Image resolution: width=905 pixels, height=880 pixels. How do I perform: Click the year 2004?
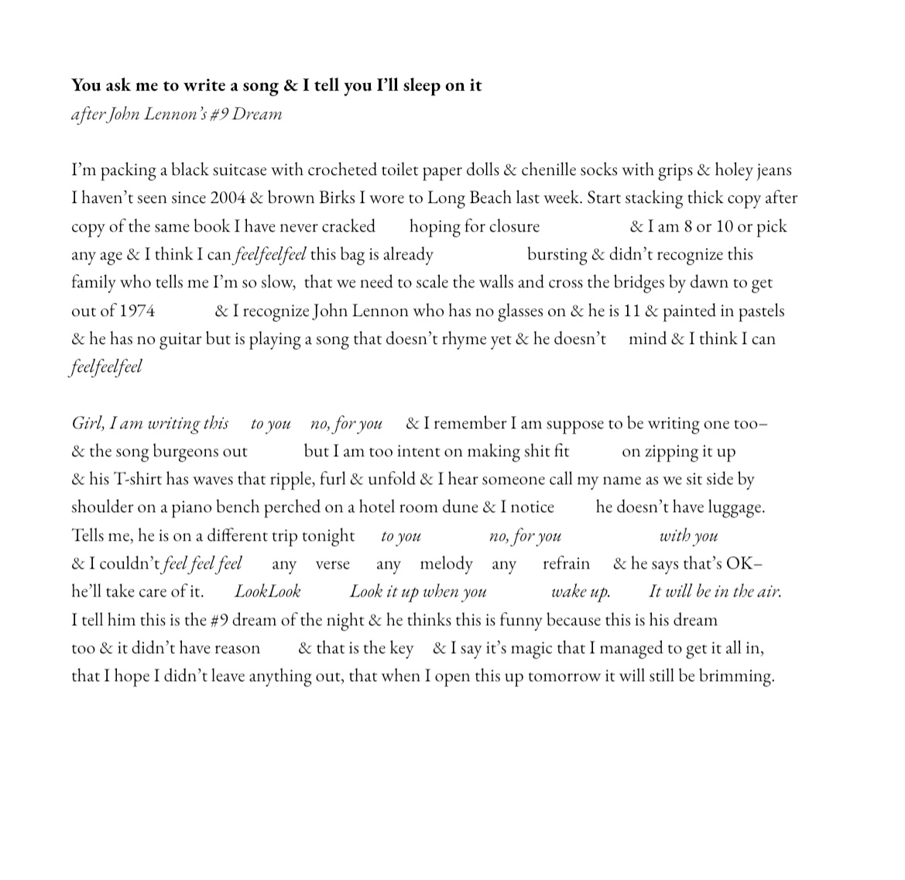(228, 198)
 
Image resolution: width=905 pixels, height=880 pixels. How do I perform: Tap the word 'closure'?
(514, 226)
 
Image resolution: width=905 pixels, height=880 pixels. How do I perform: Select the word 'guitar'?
(180, 339)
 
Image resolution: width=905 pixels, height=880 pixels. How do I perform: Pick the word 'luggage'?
(731, 507)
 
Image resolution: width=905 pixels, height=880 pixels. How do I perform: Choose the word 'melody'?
(446, 564)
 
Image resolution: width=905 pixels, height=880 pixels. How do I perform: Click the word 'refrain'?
(566, 564)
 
